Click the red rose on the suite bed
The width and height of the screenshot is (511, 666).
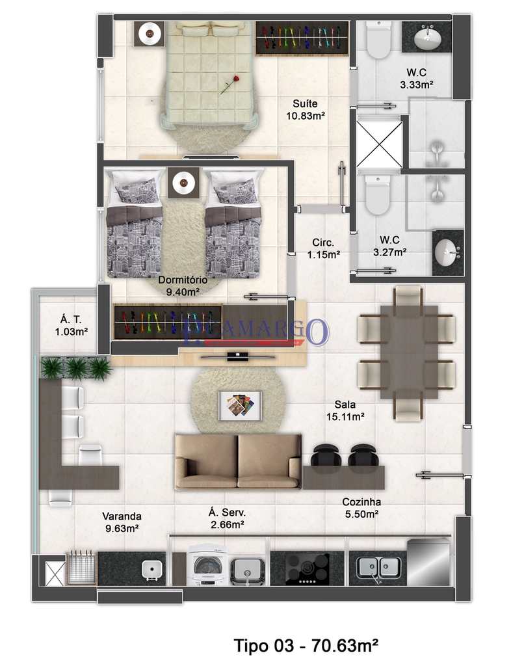[x=228, y=85]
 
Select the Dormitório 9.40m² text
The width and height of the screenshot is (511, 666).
[x=183, y=286]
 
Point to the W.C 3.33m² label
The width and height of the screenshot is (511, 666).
[x=417, y=78]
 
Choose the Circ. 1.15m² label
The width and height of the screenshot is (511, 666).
[x=323, y=248]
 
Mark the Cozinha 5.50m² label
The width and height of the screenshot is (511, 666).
[x=361, y=508]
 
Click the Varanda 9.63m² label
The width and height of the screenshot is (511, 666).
[x=122, y=522]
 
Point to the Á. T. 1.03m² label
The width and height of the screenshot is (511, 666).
[x=72, y=325]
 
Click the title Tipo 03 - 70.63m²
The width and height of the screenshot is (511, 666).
[x=306, y=645]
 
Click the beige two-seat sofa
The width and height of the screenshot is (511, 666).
[x=238, y=461]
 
